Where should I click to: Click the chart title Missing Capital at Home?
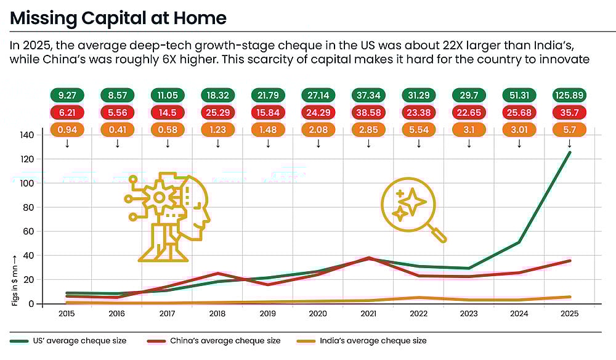tap(118, 18)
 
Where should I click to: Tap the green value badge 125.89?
tap(569, 96)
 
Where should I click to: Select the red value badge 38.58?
tap(368, 113)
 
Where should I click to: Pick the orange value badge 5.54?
tap(419, 130)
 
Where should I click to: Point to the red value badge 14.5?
tap(168, 113)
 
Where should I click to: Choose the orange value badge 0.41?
tap(117, 130)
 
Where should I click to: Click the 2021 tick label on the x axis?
tap(368, 314)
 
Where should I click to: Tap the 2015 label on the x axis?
tap(67, 314)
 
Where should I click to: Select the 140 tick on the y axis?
tap(43, 135)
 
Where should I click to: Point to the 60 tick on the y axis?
tap(45, 231)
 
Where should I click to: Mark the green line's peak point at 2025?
tap(569, 152)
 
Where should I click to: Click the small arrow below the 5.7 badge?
tap(569, 144)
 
